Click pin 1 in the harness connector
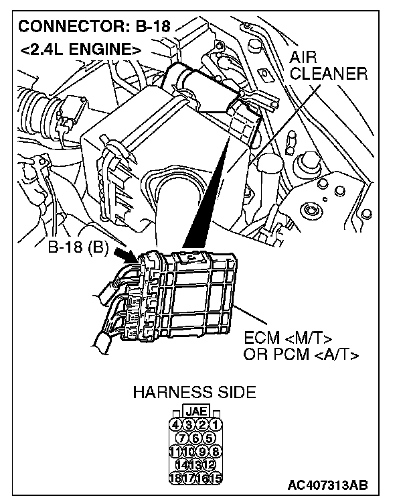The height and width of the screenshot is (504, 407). [216, 424]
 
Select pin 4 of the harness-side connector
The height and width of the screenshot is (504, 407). [175, 424]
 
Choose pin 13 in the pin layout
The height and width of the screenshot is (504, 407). [195, 465]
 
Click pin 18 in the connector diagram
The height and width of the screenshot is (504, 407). [175, 479]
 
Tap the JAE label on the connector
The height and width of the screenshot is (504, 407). [195, 411]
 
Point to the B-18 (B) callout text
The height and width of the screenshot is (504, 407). [78, 247]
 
